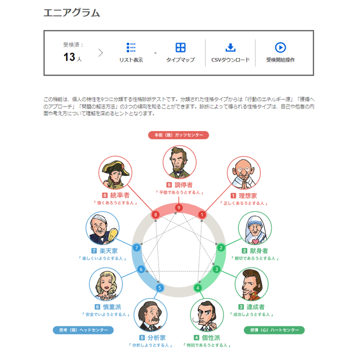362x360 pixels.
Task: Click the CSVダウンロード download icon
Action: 230,47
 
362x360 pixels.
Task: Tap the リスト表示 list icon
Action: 131,47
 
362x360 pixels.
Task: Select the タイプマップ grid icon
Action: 181,47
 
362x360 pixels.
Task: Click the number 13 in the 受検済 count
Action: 69,57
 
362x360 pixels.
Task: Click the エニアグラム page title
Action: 72,12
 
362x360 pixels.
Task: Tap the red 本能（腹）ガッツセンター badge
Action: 178,135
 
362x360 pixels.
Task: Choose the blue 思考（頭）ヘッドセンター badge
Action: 83,330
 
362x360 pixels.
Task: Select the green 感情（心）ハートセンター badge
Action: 274,330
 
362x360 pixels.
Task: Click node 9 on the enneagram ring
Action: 179,208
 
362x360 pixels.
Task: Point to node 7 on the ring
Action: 137,247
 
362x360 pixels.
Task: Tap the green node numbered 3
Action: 217,269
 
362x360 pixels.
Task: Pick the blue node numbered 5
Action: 160,287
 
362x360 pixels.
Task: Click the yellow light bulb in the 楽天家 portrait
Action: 113,234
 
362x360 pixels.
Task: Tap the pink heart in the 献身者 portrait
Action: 255,241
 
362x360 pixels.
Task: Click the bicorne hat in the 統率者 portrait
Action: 116,167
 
